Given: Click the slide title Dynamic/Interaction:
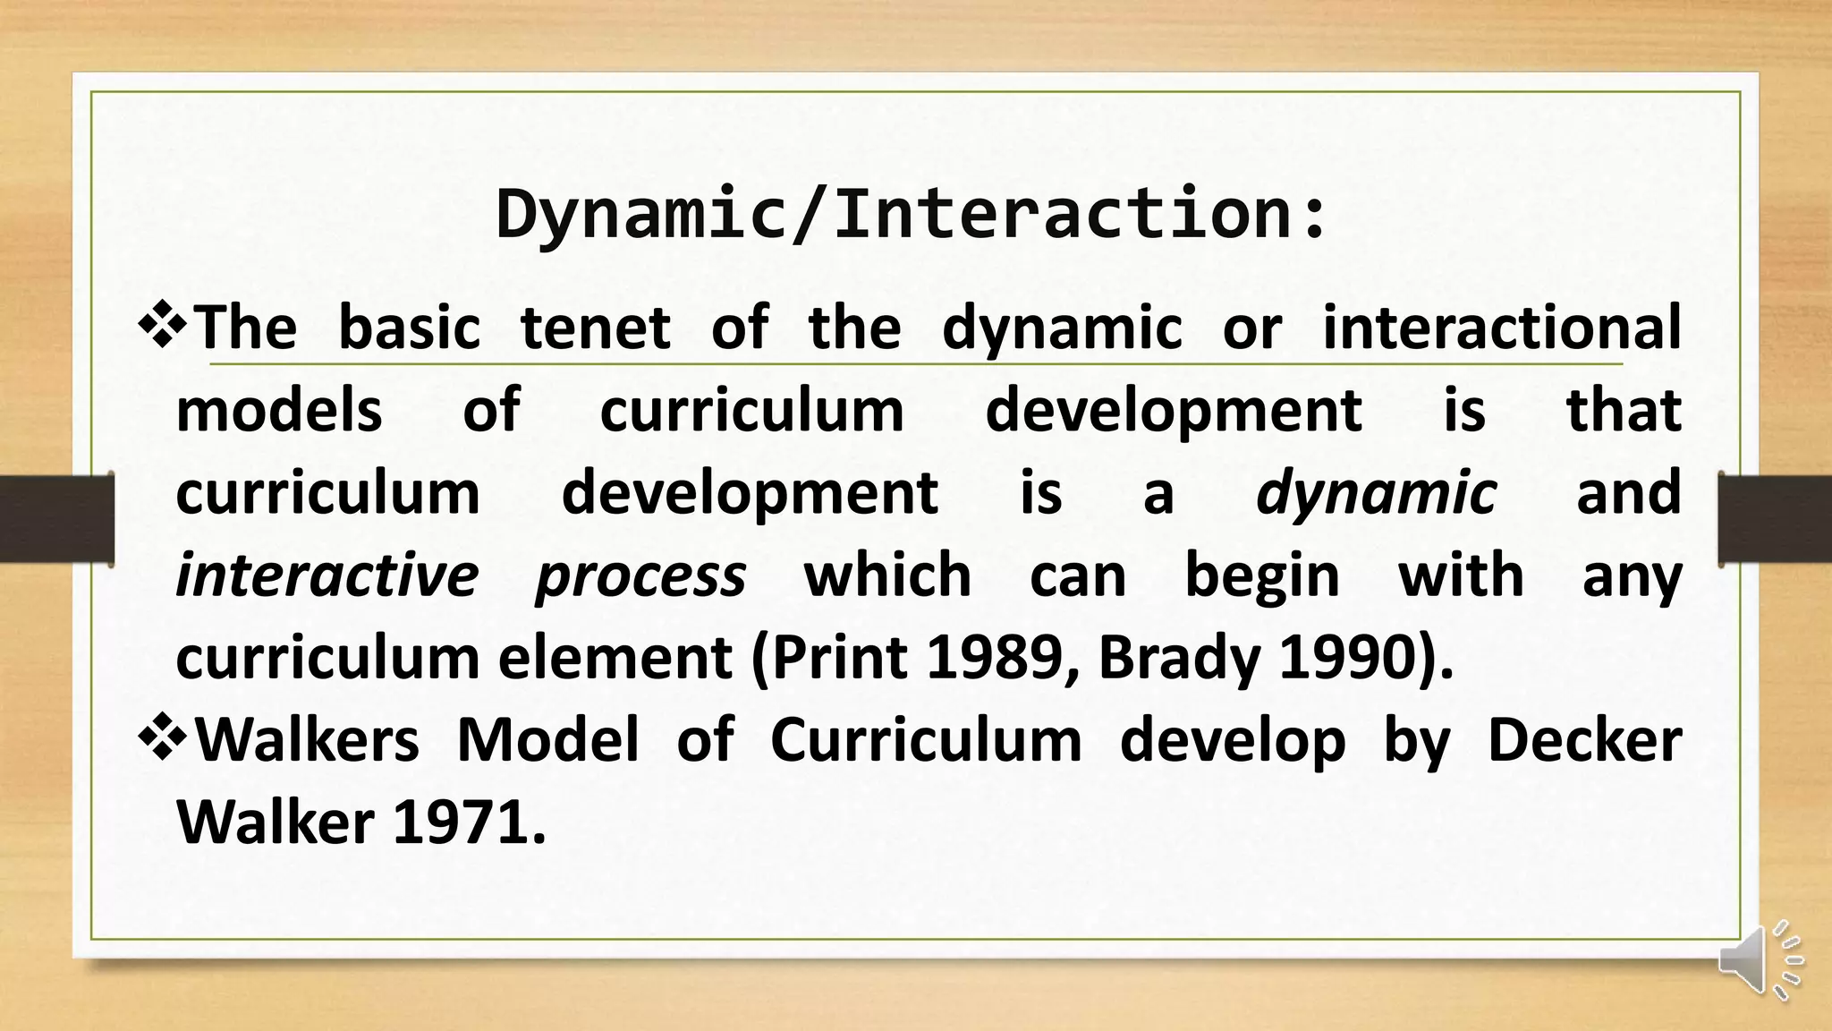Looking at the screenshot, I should tap(912, 215).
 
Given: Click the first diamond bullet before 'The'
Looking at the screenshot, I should tap(162, 327).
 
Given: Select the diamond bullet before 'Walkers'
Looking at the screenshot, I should tap(162, 740).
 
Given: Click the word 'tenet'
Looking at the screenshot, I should tap(595, 328).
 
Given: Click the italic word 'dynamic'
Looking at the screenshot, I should tap(1376, 494).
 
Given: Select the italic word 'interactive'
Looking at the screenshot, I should tap(327, 575).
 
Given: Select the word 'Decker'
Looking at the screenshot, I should tap(1583, 741).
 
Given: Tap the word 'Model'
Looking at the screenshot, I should tap(547, 741).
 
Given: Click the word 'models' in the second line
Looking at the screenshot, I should tap(279, 412).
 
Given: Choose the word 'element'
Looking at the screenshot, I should tap(615, 659).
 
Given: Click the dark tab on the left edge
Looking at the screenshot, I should tap(56, 519).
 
